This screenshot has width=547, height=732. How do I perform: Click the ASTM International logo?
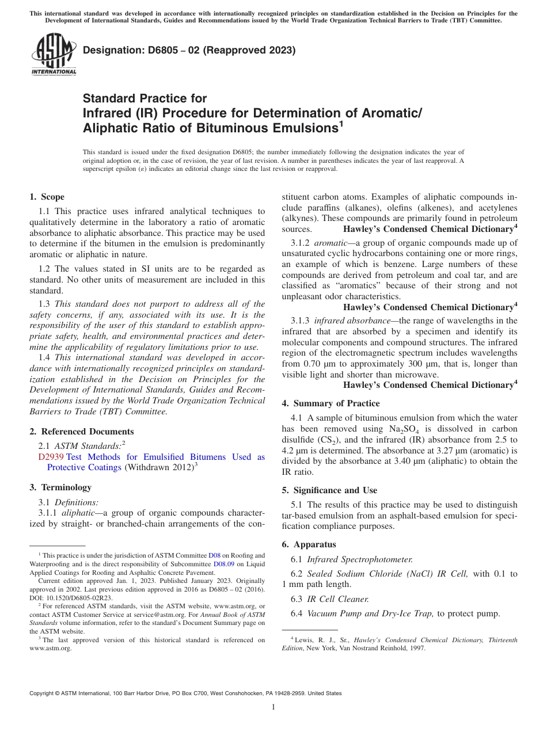tap(54, 55)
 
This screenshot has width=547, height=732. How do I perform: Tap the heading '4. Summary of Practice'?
tap(331, 403)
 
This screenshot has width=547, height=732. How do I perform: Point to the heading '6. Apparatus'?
tap(309, 544)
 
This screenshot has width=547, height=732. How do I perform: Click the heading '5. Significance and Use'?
tap(329, 490)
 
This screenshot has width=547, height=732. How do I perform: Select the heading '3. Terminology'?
tap(60, 487)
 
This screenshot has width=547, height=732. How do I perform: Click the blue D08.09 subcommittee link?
tap(223, 565)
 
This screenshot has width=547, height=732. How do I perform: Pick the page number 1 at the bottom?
tap(273, 707)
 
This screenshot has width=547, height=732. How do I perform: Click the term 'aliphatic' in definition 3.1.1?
tap(77, 513)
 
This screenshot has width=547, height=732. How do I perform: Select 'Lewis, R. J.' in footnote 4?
tap(313, 640)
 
